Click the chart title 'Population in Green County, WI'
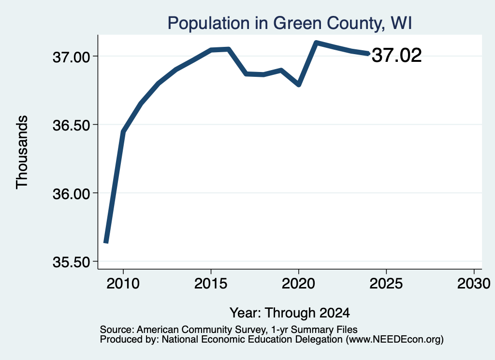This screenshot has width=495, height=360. pyautogui.click(x=290, y=23)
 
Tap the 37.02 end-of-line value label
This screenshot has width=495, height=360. pyautogui.click(x=396, y=55)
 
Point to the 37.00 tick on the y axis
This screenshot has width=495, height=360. pyautogui.click(x=71, y=58)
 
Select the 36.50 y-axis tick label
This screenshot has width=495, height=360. pyautogui.click(x=71, y=126)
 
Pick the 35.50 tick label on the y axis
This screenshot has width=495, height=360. pyautogui.click(x=71, y=262)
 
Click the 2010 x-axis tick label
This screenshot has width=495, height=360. pyautogui.click(x=123, y=284)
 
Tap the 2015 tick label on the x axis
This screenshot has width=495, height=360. pyautogui.click(x=211, y=284)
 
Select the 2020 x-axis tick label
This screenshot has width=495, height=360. pyautogui.click(x=298, y=284)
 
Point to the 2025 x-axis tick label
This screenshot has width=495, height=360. pyautogui.click(x=386, y=284)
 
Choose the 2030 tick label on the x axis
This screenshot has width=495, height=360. pyautogui.click(x=474, y=284)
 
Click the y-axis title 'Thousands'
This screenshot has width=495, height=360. pyautogui.click(x=22, y=152)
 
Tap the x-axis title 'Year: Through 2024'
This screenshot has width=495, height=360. pyautogui.click(x=290, y=313)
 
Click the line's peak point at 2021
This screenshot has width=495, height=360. pyautogui.click(x=316, y=43)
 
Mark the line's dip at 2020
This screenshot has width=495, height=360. pyautogui.click(x=299, y=85)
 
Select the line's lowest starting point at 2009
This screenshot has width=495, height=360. pyautogui.click(x=106, y=242)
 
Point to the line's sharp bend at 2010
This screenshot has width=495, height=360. pyautogui.click(x=123, y=132)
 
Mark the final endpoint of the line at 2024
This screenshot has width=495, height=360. pyautogui.click(x=368, y=53)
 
